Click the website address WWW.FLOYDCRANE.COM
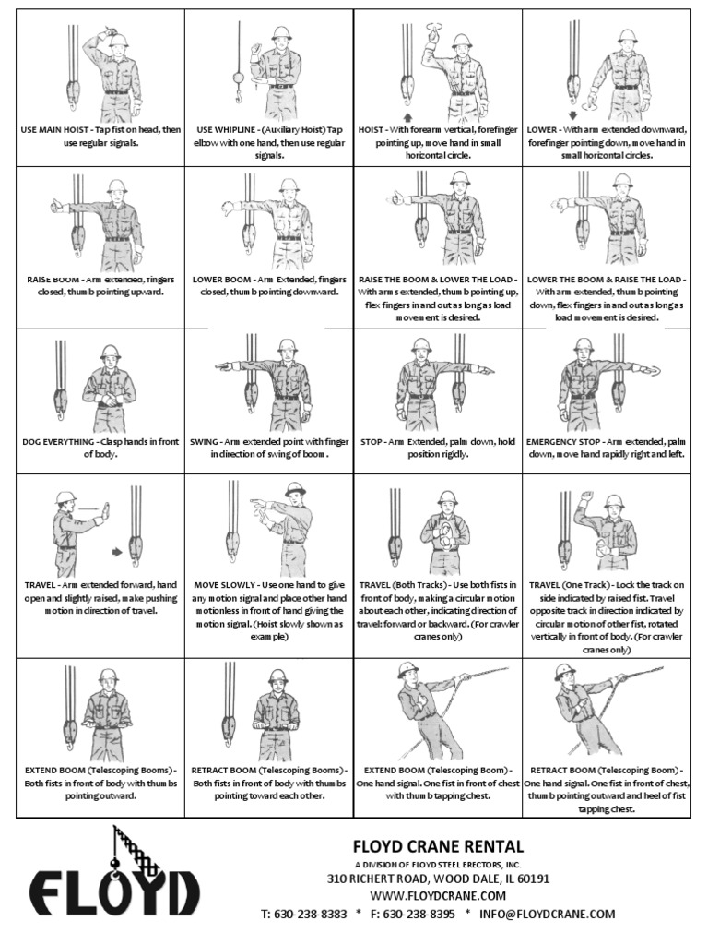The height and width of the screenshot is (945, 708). pos(438,895)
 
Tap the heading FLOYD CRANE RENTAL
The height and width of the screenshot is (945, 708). pos(438,845)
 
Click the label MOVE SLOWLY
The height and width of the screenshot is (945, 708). pos(226,585)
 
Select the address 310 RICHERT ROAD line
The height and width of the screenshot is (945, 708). pos(438,879)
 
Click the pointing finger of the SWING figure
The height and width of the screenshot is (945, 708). pos(219,367)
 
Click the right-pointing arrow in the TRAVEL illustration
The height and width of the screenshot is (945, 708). pos(117,553)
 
